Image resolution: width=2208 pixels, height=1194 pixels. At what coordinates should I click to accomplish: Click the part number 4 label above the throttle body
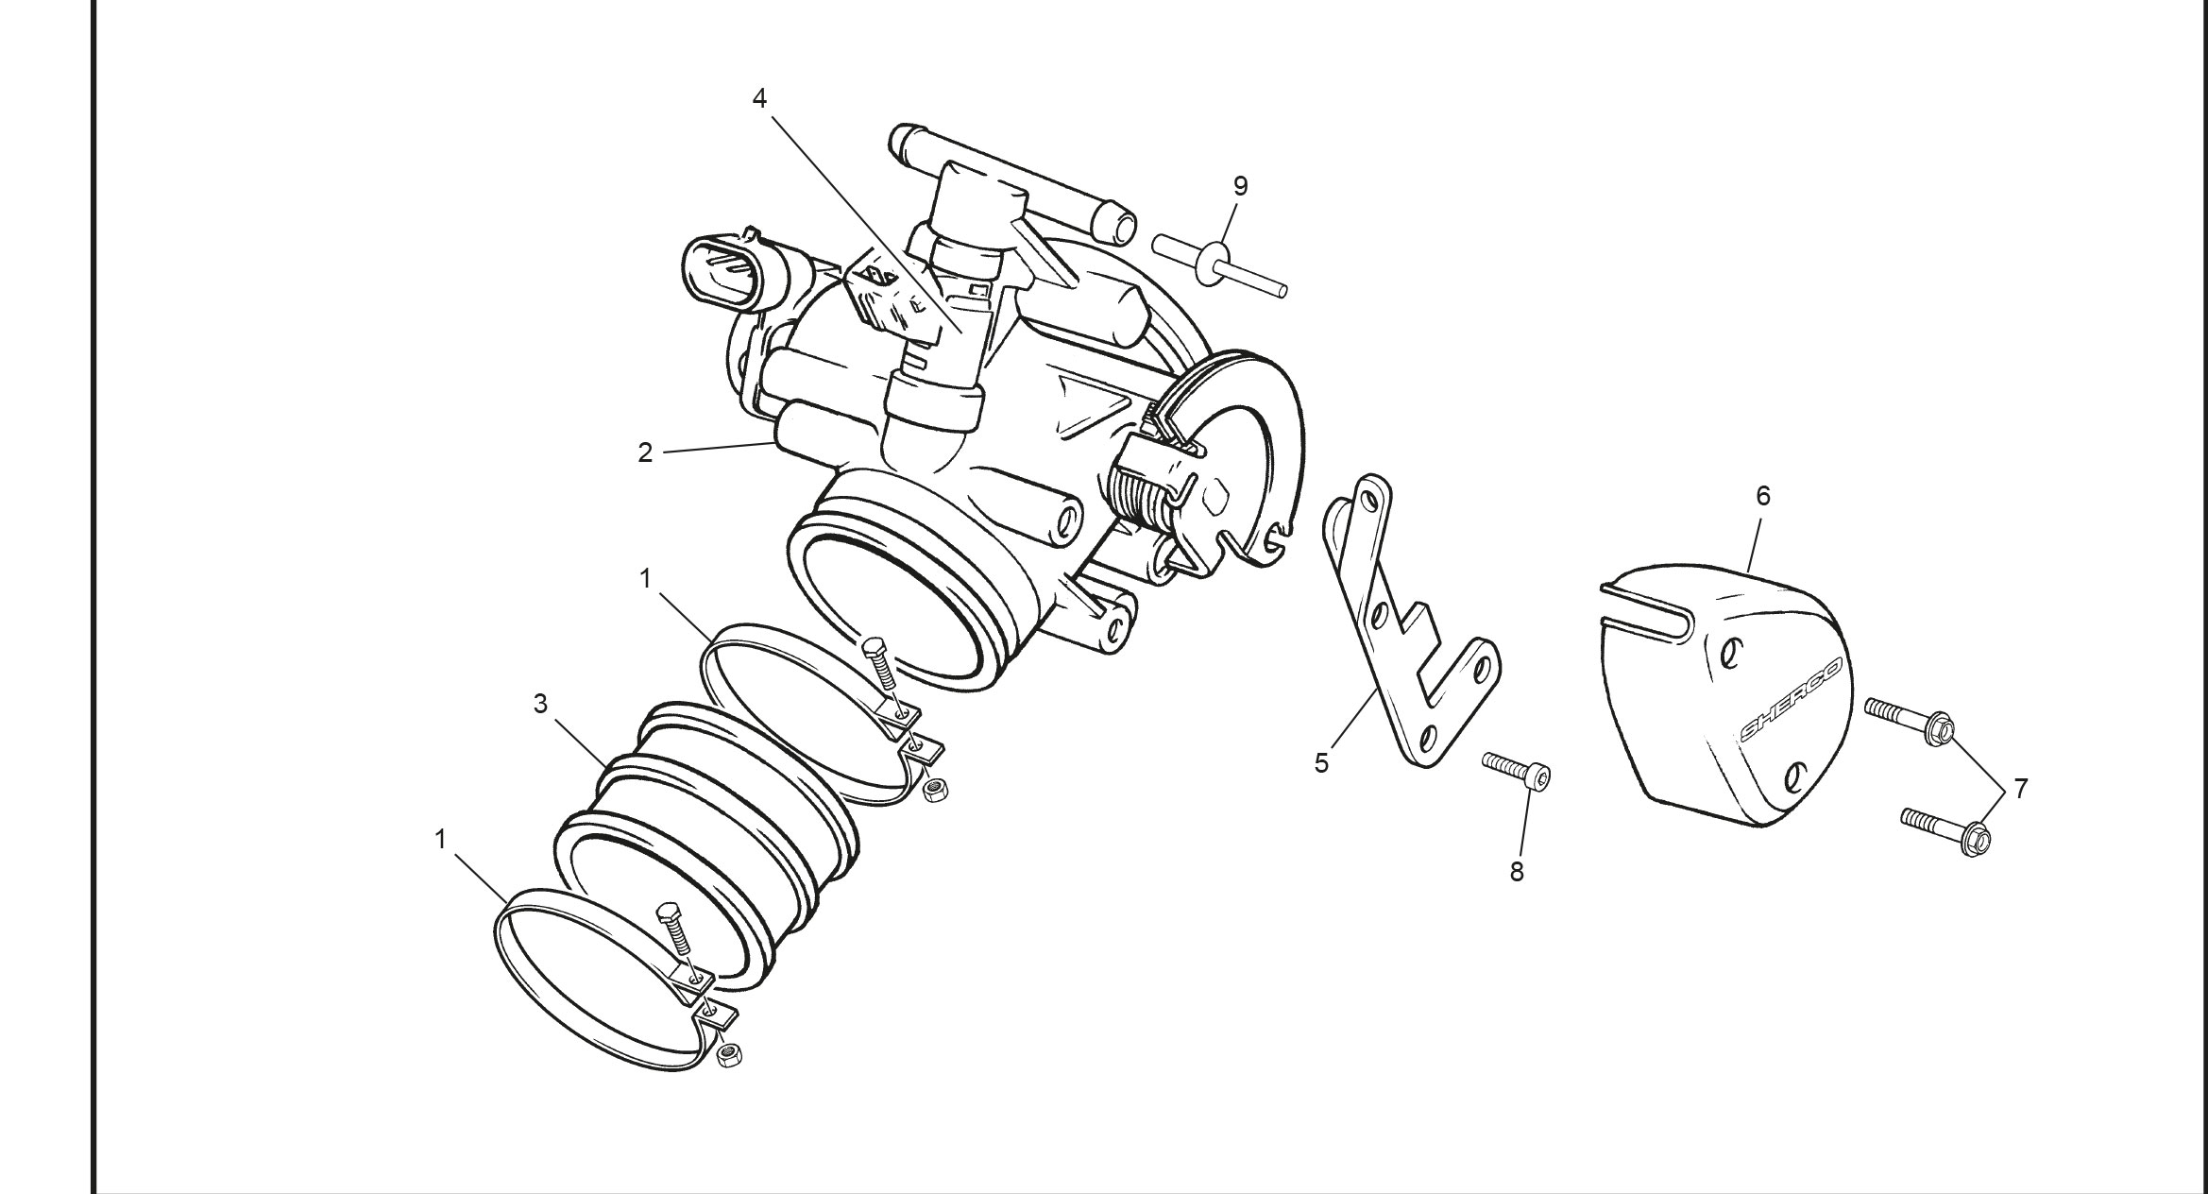(759, 98)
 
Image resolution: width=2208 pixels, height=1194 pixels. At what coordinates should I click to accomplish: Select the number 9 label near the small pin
(1240, 186)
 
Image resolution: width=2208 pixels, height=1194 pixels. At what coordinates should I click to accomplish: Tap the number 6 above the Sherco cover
(1762, 496)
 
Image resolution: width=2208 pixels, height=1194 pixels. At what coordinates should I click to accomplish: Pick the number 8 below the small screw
(1517, 872)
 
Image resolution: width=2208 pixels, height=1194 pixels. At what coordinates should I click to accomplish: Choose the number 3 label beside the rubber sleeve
(540, 704)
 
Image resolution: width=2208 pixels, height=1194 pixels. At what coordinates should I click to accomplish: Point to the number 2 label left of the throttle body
(645, 453)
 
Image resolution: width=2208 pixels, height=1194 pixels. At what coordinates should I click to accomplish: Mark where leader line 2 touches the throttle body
(774, 442)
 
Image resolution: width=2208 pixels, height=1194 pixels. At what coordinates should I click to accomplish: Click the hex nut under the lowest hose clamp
(728, 1054)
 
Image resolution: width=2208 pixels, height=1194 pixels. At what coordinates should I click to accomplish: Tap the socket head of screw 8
(1538, 777)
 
